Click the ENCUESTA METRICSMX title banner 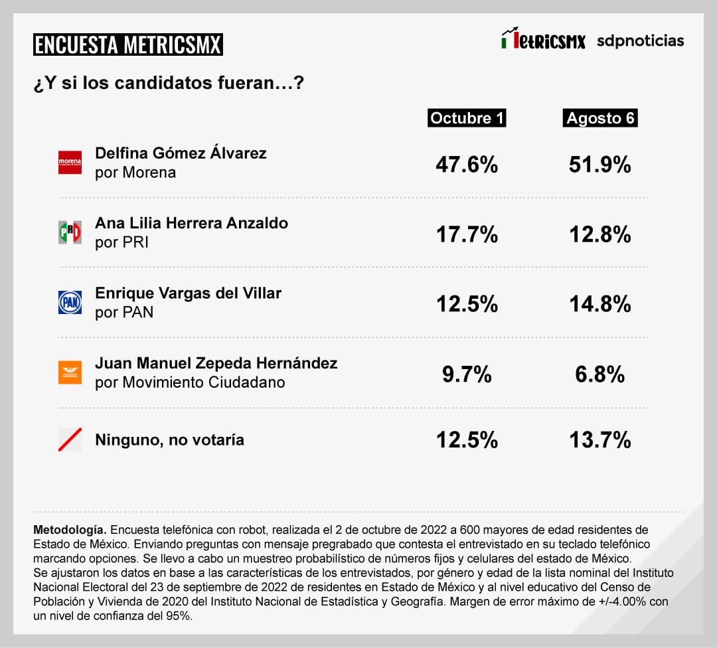click(127, 44)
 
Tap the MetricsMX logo click(543, 40)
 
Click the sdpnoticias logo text click(640, 40)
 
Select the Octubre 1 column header click(467, 118)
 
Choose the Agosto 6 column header click(600, 118)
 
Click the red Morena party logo click(70, 163)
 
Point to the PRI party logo click(70, 232)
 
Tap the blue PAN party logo click(70, 302)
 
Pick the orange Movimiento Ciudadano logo click(70, 372)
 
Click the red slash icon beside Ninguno click(70, 440)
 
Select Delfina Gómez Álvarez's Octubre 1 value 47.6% click(467, 165)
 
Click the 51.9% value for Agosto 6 click(600, 165)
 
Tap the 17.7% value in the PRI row click(467, 234)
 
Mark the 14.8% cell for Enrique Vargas click(600, 304)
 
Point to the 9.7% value click(467, 374)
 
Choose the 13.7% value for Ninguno click(600, 440)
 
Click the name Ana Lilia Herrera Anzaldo click(191, 223)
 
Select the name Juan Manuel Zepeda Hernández click(216, 363)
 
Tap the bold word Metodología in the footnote click(69, 530)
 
